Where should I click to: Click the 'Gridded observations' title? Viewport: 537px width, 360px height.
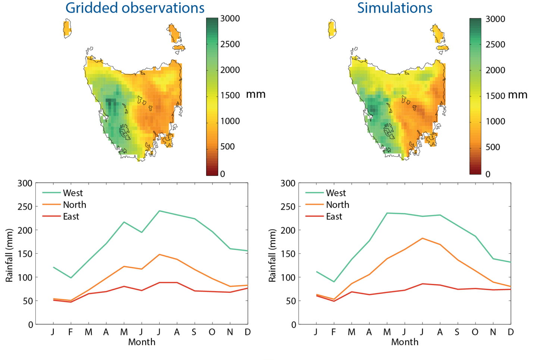[135, 8]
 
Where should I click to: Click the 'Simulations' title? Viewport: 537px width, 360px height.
[395, 8]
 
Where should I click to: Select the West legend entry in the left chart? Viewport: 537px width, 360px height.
[73, 193]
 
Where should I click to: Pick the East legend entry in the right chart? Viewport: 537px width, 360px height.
[334, 216]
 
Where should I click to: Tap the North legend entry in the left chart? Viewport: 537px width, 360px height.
[74, 205]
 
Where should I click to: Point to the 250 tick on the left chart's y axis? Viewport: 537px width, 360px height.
[25, 207]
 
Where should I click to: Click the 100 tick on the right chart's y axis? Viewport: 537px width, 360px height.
[288, 278]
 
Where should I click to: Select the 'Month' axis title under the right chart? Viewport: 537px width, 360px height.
[405, 342]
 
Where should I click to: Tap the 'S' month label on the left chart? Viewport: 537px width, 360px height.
[194, 332]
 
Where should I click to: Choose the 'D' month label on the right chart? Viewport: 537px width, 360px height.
[511, 332]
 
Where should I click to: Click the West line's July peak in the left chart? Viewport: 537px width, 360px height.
[159, 211]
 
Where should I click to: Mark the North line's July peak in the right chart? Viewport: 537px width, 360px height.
[422, 238]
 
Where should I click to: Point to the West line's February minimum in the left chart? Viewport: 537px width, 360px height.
[70, 278]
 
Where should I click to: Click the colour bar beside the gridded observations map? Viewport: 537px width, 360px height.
[212, 96]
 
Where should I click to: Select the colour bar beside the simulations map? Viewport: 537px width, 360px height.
[475, 96]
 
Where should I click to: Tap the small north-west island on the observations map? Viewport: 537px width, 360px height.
[67, 29]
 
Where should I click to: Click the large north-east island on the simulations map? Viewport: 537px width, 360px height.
[438, 34]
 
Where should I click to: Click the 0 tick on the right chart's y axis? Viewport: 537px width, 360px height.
[293, 325]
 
